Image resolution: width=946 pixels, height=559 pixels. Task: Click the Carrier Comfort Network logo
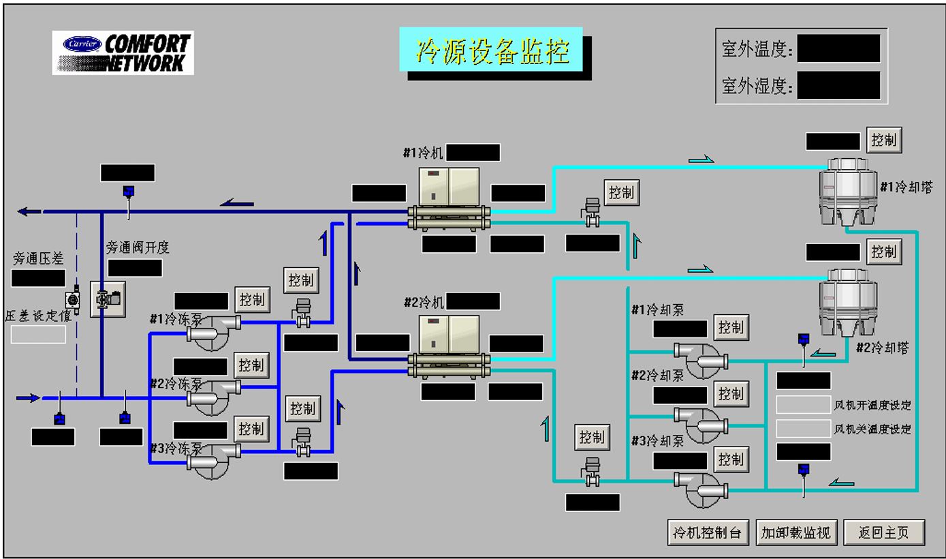coord(123,53)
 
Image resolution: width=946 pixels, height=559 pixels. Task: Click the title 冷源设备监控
coord(491,50)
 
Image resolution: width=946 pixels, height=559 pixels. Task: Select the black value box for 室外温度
coord(838,49)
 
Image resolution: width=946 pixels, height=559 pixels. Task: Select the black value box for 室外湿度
coord(838,86)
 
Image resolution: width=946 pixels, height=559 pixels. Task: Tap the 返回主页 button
coord(883,532)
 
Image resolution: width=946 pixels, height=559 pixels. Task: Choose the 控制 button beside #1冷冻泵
coord(252,299)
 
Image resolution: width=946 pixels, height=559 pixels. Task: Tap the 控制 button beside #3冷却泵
coord(731,459)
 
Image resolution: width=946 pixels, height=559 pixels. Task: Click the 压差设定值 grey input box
coord(38,334)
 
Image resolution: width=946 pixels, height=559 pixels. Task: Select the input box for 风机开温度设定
coord(803,405)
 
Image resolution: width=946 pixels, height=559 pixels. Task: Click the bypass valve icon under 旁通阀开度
coord(108,299)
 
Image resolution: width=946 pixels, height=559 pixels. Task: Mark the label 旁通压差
coord(38,259)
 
